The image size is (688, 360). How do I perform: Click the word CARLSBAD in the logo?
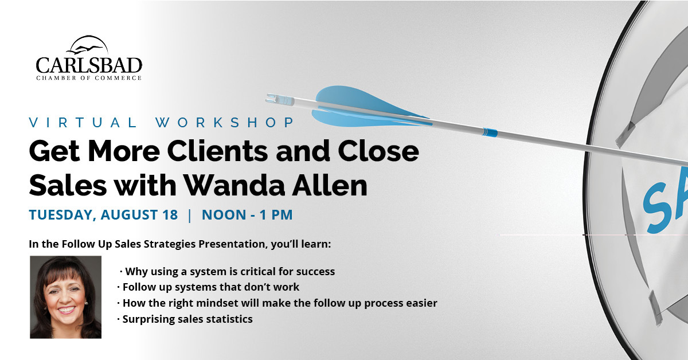[x=89, y=65]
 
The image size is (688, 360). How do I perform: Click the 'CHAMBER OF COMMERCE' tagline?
[x=89, y=78]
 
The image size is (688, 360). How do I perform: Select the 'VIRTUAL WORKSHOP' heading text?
[x=162, y=123]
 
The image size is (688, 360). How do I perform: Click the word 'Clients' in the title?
[x=217, y=151]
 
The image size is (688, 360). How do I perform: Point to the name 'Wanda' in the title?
[x=234, y=185]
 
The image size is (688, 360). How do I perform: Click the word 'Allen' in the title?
[x=329, y=185]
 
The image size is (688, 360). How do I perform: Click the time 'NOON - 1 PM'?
[x=247, y=214]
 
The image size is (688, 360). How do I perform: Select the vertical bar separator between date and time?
[x=190, y=215]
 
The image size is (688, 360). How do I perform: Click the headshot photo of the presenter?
[x=65, y=297]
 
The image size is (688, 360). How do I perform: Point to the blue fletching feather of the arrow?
[x=366, y=106]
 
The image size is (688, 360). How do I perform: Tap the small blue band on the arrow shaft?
[x=490, y=132]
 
